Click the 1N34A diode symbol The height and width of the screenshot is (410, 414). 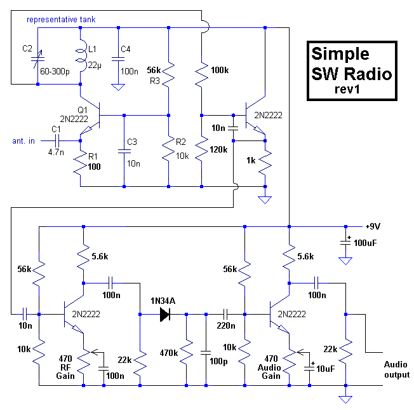(165, 314)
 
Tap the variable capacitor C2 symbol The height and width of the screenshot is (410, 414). (37, 59)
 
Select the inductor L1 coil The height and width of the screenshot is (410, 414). (81, 55)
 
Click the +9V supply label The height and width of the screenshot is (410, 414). (373, 226)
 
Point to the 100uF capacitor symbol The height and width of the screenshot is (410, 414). (345, 242)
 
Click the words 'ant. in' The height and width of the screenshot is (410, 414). (23, 141)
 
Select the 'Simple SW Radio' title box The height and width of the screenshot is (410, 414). (352, 71)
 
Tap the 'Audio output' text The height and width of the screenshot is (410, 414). (397, 369)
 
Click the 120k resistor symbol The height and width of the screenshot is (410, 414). (201, 150)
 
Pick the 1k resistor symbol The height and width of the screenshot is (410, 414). (265, 163)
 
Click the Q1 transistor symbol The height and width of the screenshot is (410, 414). (90, 116)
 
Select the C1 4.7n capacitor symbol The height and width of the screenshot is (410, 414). (57, 141)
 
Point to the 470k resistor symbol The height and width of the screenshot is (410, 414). (187, 353)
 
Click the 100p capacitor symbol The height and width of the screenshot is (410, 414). (206, 353)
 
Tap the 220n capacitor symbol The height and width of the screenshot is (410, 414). (225, 314)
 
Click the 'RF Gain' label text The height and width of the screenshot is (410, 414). (65, 372)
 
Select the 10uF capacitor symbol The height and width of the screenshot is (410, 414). (309, 367)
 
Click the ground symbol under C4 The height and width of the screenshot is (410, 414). (118, 87)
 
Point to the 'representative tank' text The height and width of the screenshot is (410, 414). (61, 20)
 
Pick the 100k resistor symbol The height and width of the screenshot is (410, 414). (201, 74)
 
